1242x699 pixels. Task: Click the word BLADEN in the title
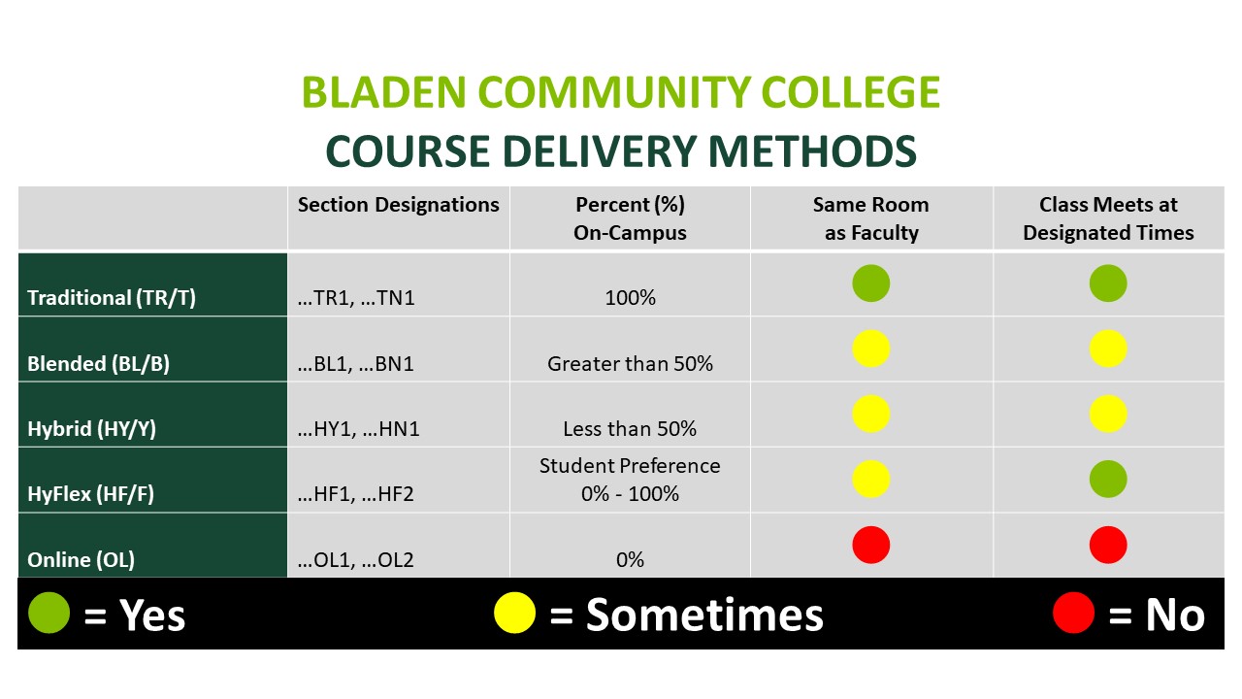coord(383,92)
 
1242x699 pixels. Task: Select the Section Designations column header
coord(398,205)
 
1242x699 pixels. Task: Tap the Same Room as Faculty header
coord(871,218)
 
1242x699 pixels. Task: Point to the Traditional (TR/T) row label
coord(112,298)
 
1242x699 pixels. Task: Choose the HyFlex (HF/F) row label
coord(90,494)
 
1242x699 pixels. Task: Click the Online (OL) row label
coord(81,560)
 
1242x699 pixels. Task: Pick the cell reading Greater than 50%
coord(630,364)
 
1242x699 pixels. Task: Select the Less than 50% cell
coord(630,429)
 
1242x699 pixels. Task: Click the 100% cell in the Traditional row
coord(630,298)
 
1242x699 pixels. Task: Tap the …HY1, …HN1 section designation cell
coord(358,429)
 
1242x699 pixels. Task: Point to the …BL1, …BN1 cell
coord(355,364)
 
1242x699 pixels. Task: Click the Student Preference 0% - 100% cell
coord(630,480)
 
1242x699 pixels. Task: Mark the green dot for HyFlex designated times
coord(1108,479)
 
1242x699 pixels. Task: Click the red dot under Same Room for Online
coord(871,545)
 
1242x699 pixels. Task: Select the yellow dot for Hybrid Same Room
coord(871,414)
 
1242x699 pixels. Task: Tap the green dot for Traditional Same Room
coord(871,283)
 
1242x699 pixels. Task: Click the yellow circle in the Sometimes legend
coord(514,613)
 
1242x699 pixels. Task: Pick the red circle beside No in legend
coord(1073,613)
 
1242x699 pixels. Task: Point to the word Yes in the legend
coord(152,616)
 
